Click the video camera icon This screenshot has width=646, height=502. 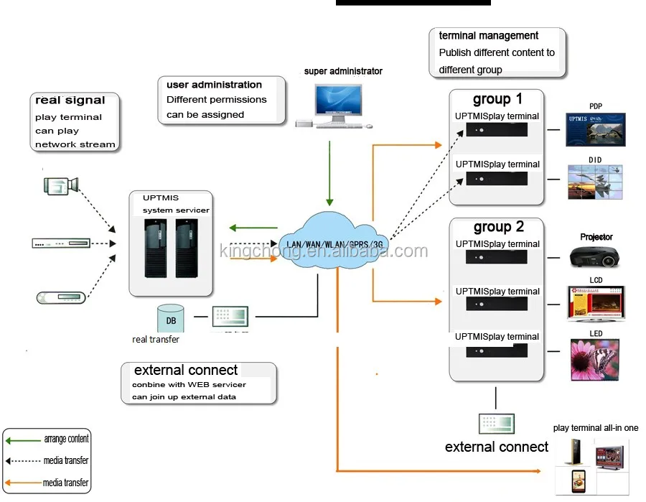click(x=60, y=185)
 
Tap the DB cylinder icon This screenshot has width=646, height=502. click(x=170, y=318)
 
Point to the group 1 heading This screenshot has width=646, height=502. click(x=497, y=99)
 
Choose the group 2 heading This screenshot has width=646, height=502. click(x=498, y=227)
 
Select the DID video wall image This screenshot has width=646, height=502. click(x=595, y=182)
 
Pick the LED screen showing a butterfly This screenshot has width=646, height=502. click(x=595, y=359)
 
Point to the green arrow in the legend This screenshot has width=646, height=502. click(x=22, y=440)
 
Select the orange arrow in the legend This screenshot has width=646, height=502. click(x=22, y=483)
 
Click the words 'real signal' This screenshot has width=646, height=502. click(x=70, y=101)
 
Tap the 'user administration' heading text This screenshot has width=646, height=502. click(x=214, y=85)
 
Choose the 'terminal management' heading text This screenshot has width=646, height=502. click(x=488, y=35)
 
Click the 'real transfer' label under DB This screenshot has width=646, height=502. click(x=156, y=339)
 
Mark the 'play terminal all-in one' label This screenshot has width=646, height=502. click(x=595, y=428)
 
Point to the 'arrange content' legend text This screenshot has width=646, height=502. click(x=66, y=439)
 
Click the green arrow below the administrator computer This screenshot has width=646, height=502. click(x=329, y=173)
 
